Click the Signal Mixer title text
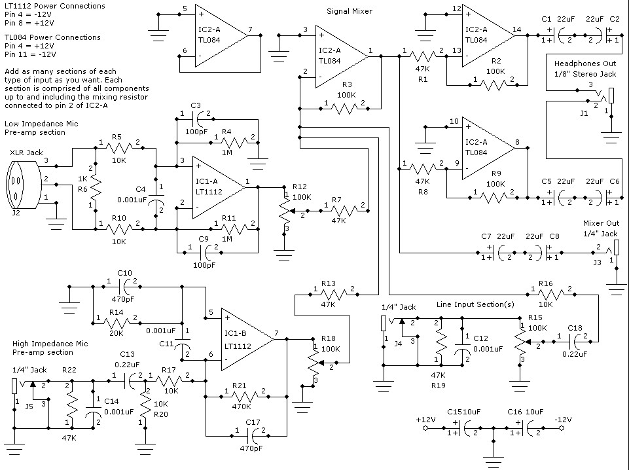[350, 11]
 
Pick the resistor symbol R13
[334, 295]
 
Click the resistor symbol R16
[551, 295]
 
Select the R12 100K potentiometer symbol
[285, 211]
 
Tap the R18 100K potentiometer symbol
[314, 362]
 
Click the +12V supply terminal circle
[425, 428]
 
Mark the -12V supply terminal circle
[562, 428]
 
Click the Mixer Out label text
[601, 223]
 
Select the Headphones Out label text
[585, 63]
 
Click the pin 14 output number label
[516, 29]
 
